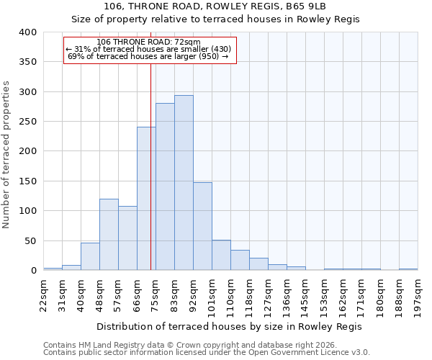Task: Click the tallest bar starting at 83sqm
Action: point(184,183)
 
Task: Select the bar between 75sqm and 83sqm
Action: point(165,186)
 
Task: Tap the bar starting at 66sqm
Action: point(146,199)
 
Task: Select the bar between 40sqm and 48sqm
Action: point(90,256)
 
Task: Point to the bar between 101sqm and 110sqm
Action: point(221,256)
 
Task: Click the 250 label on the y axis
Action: point(28,122)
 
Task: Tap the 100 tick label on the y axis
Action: point(28,211)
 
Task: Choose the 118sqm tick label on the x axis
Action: point(250,295)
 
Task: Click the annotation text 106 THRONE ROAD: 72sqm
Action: point(148,42)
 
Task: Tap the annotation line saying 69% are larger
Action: point(148,56)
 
